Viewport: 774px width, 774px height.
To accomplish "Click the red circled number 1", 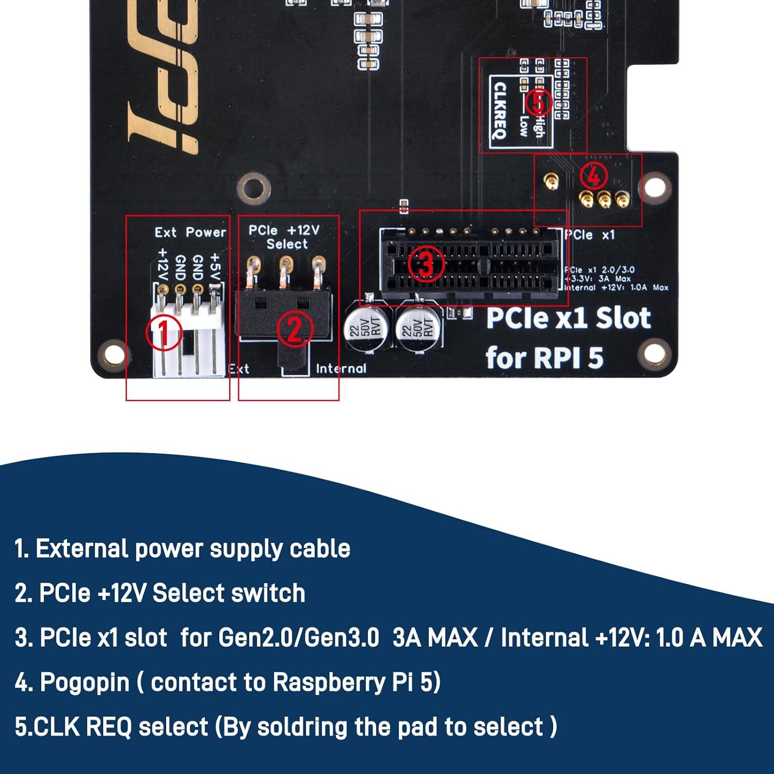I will click(164, 332).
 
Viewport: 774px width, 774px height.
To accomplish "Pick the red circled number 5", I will click(538, 102).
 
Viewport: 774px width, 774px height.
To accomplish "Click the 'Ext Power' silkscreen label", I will click(190, 233).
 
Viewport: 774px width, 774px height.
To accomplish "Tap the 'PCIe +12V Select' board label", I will click(284, 237).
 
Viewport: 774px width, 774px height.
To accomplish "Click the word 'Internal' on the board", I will click(341, 368).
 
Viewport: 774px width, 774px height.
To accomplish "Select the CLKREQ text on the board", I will click(500, 110).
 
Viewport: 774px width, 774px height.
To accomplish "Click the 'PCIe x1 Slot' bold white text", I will click(568, 318).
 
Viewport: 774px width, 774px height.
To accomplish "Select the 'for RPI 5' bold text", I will click(544, 358).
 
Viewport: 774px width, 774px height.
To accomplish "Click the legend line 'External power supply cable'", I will click(183, 549).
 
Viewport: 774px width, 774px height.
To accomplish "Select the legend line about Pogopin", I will click(228, 682).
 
